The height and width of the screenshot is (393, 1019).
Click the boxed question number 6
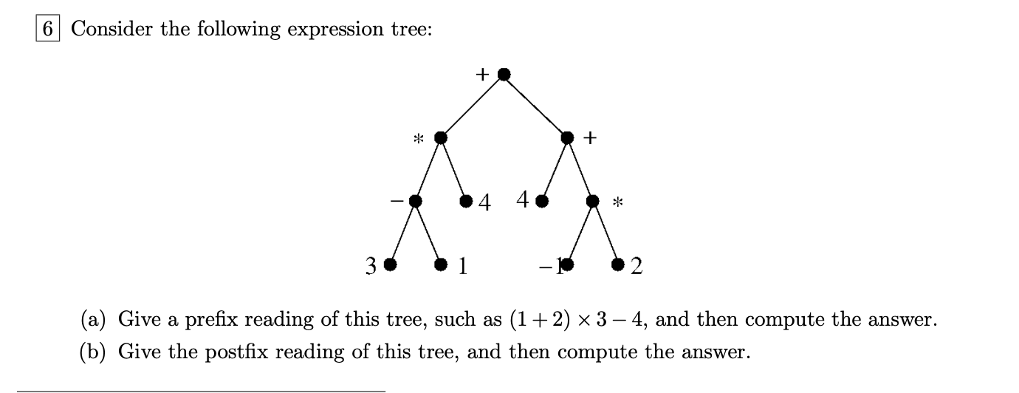coord(48,29)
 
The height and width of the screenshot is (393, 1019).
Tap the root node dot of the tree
coord(504,74)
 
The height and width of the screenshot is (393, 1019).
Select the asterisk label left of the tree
coord(417,138)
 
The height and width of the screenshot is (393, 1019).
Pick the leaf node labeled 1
coord(442,264)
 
